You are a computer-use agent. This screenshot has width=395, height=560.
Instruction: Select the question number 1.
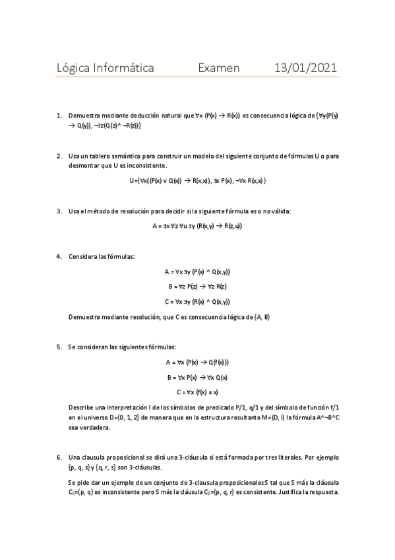(x=59, y=115)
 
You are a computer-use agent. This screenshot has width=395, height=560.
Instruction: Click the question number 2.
(x=59, y=156)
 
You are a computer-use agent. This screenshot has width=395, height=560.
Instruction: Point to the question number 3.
(x=59, y=211)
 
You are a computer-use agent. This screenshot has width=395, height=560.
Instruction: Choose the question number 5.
(x=59, y=346)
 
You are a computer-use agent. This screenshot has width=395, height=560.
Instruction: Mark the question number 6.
(x=59, y=456)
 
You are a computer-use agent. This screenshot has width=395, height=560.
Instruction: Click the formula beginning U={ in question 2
(x=198, y=180)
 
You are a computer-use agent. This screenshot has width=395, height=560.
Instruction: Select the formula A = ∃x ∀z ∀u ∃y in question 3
(x=197, y=226)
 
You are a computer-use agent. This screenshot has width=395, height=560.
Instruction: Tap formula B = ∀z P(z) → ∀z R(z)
(x=197, y=286)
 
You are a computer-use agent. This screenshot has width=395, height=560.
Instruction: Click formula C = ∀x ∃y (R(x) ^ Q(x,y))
(x=197, y=302)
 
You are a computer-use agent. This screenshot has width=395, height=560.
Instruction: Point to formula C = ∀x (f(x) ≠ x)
(x=197, y=392)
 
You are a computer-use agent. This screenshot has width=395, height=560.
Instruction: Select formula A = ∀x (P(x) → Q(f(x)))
(x=197, y=362)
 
